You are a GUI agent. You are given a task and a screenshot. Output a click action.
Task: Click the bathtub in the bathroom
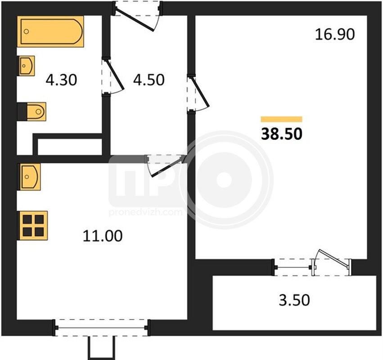click(50, 31)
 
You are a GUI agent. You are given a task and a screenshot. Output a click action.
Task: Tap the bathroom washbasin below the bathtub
click(26, 66)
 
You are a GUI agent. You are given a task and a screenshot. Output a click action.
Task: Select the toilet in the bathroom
click(32, 112)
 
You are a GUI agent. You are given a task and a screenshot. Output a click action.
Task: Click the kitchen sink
click(29, 177)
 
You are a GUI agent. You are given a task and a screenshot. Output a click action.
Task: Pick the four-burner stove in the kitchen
click(32, 225)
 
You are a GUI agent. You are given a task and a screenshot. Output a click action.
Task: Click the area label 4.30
click(61, 80)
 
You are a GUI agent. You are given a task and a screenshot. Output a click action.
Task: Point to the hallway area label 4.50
click(149, 80)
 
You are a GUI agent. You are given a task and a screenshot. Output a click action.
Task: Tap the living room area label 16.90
click(335, 34)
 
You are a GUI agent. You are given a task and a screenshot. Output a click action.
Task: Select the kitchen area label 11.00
click(103, 236)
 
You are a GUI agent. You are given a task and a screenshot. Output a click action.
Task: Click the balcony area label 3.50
click(294, 300)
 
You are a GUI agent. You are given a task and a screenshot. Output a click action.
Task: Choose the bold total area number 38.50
click(282, 134)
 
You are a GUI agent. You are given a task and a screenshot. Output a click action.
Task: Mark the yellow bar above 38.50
click(281, 119)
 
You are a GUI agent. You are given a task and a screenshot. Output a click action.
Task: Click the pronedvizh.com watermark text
click(145, 212)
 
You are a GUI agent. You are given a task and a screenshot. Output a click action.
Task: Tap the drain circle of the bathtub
click(27, 31)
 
